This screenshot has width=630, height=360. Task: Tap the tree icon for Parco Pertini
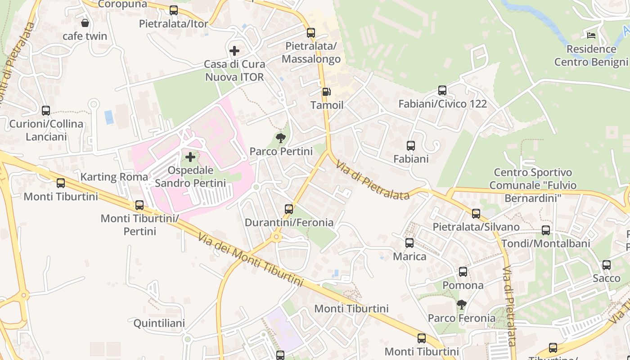(x=281, y=138)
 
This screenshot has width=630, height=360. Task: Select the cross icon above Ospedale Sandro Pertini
(x=190, y=157)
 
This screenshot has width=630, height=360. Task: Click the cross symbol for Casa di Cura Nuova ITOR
(x=234, y=50)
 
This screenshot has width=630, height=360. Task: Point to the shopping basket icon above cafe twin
(x=85, y=22)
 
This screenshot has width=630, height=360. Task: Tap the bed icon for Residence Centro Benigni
(x=591, y=35)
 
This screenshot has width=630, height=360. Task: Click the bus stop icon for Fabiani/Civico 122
(x=442, y=90)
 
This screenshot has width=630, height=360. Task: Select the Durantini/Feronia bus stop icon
(x=289, y=209)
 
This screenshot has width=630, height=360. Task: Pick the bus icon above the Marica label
(x=409, y=243)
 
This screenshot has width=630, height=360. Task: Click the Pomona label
(x=463, y=285)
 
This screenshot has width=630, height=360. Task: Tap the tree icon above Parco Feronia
(x=461, y=305)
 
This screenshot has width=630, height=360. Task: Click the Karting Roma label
(x=114, y=177)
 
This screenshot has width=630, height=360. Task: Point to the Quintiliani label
(x=159, y=323)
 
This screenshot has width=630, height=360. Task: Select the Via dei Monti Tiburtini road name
(x=251, y=260)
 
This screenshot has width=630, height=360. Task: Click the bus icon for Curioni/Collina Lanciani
(x=46, y=110)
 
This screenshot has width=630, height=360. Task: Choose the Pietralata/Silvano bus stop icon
(x=476, y=213)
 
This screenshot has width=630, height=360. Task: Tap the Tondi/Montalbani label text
(x=545, y=243)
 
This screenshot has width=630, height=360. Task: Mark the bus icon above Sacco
(x=607, y=265)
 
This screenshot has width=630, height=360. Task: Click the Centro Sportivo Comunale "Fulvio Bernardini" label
(x=533, y=185)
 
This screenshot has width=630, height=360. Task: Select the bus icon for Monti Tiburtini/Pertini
(x=139, y=205)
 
